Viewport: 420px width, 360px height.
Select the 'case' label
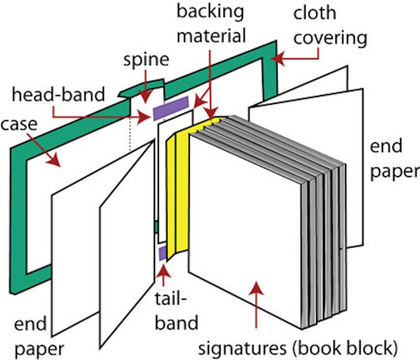[x=19, y=125]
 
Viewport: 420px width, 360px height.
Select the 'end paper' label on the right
[x=394, y=158]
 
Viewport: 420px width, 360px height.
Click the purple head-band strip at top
[x=171, y=107]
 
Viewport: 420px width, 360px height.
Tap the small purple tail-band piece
[x=162, y=253]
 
